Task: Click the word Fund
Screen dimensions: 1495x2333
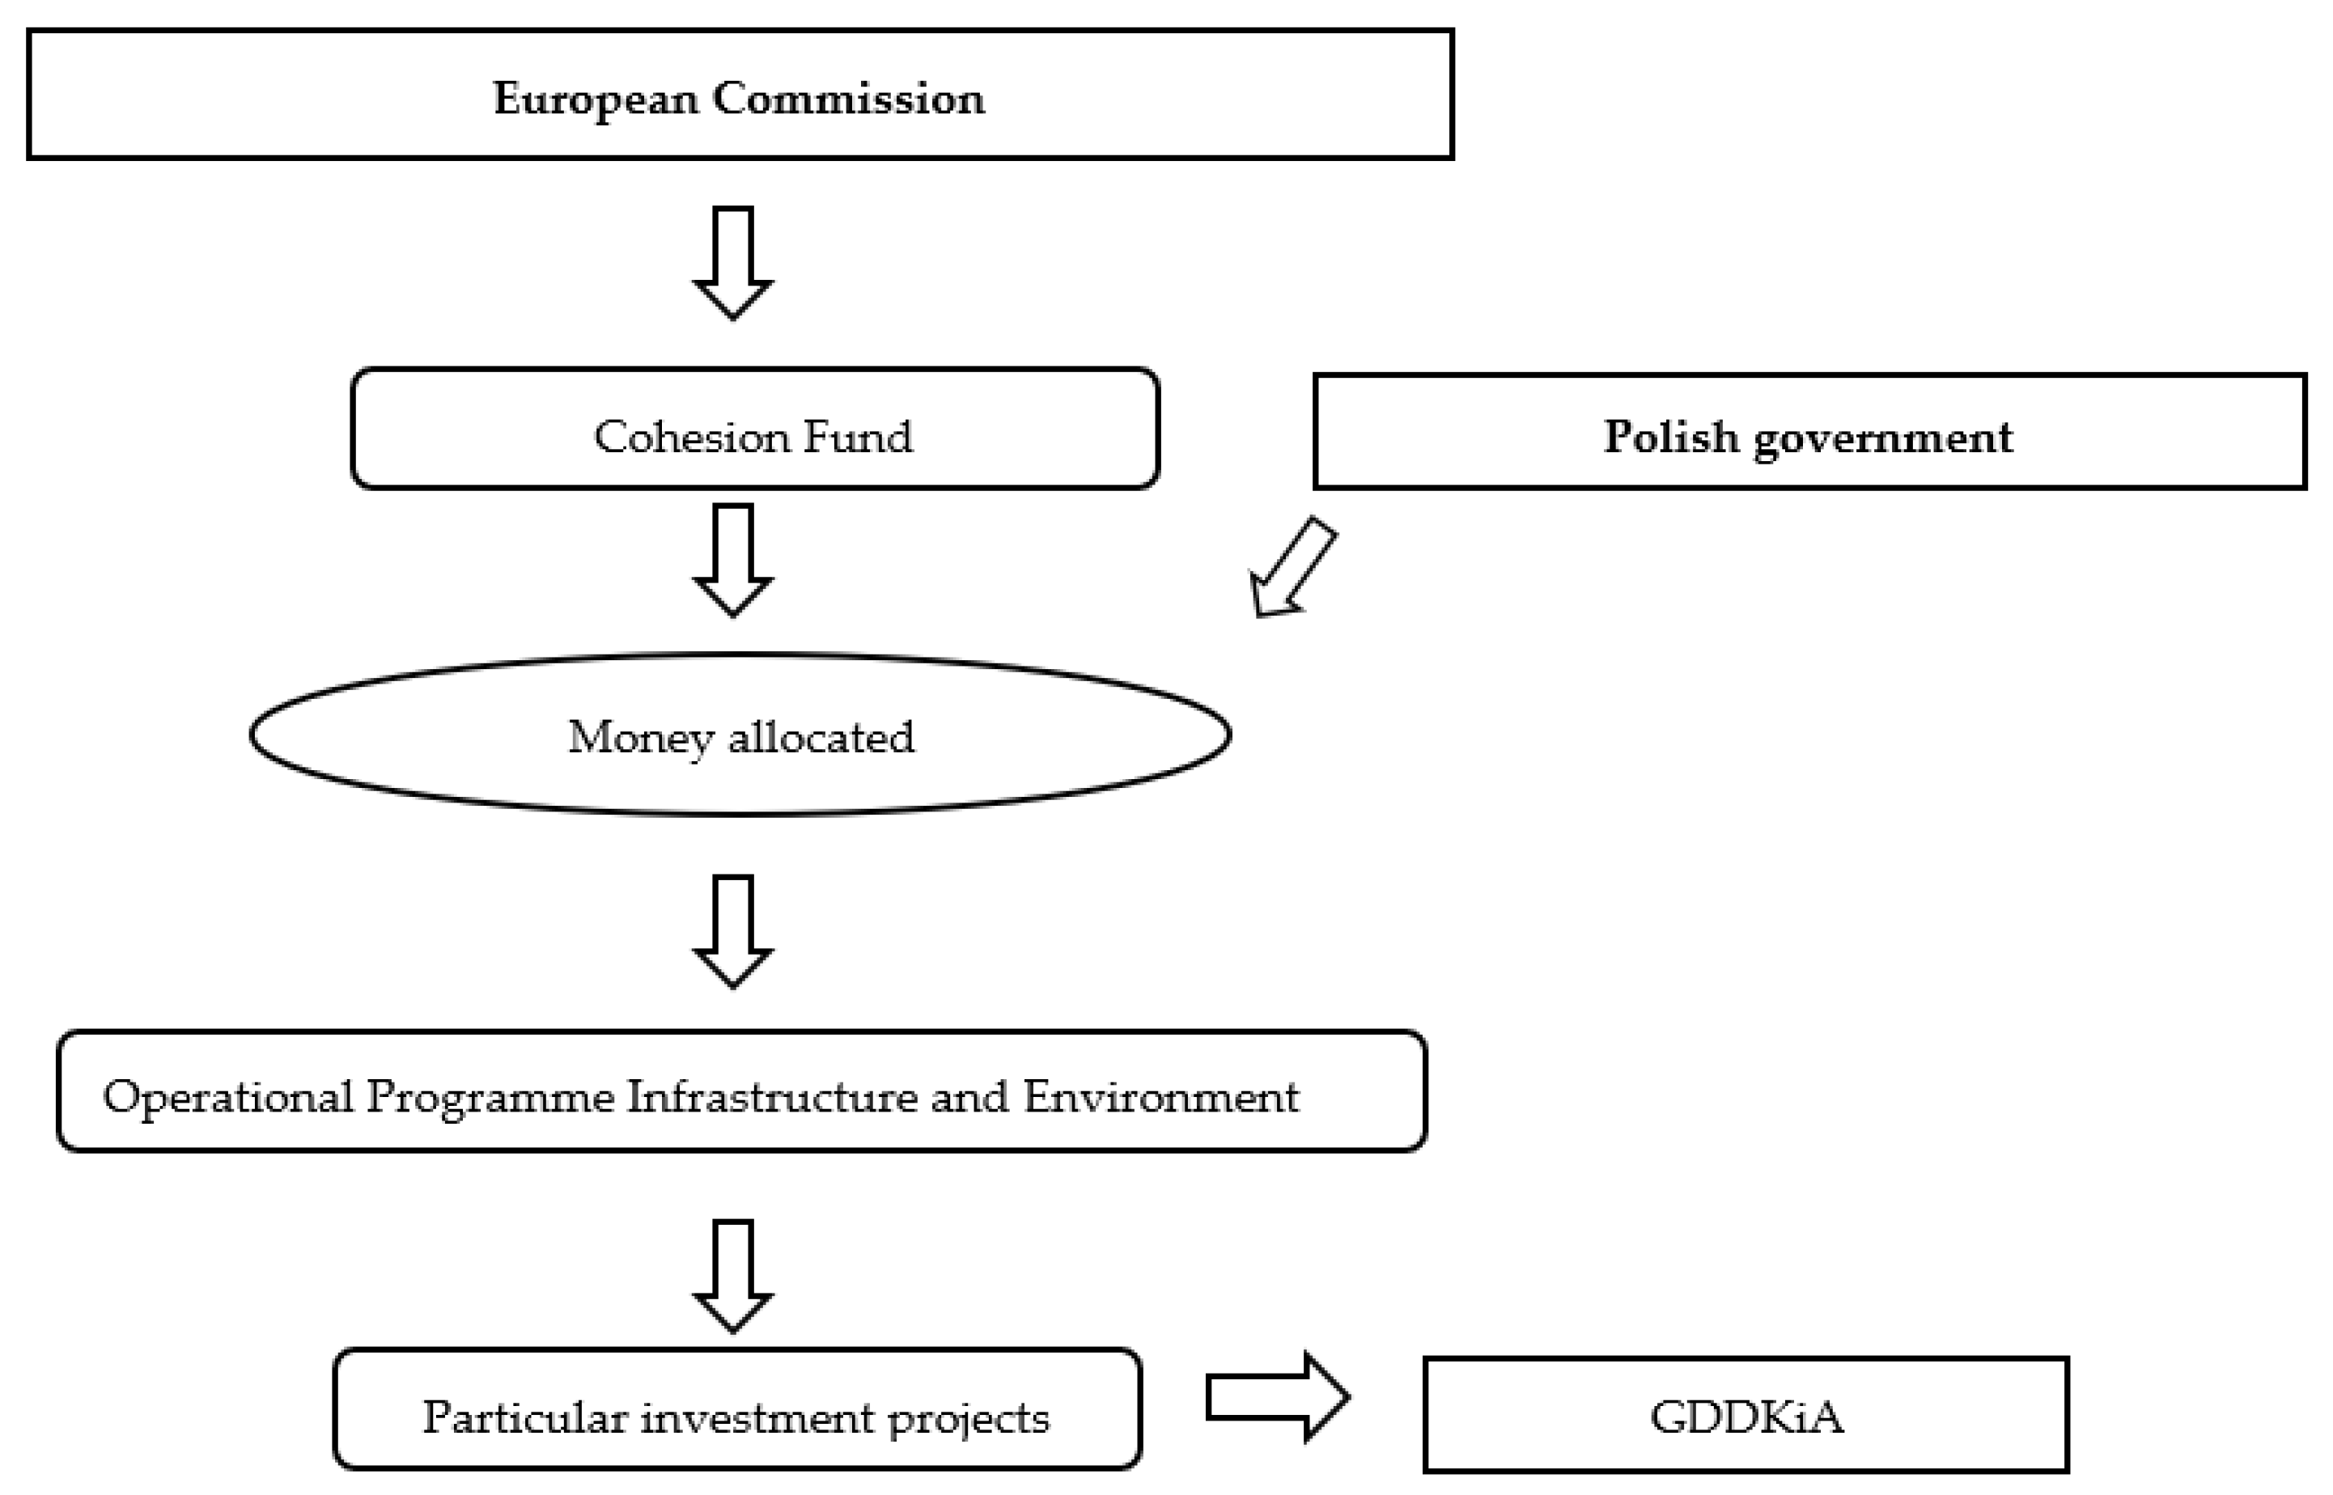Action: [x=859, y=437]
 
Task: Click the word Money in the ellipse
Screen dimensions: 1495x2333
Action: [x=640, y=738]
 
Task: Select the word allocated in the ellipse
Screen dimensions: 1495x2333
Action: [x=821, y=738]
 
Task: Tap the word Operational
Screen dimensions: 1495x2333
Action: [x=227, y=1098]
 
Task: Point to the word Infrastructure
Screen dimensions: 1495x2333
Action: [x=772, y=1097]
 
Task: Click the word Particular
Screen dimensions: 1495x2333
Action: [x=525, y=1417]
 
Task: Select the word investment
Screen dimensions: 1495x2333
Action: [x=757, y=1417]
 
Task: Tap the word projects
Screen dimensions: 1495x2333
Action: [x=968, y=1419]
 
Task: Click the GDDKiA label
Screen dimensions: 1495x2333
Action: [x=1746, y=1417]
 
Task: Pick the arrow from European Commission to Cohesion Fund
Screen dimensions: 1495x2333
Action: [x=733, y=262]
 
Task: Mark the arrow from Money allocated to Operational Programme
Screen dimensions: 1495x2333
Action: [x=733, y=931]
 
